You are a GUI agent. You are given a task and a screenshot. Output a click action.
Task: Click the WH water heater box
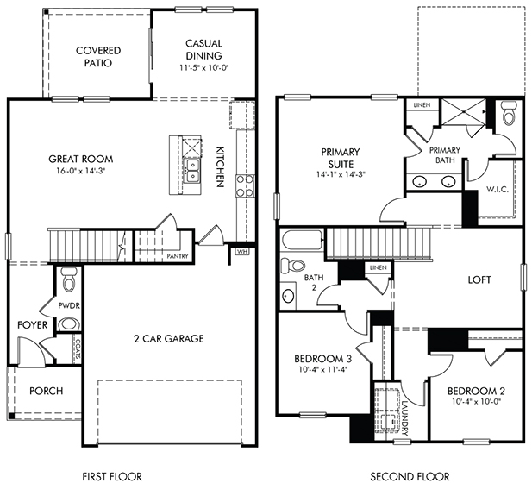(241, 252)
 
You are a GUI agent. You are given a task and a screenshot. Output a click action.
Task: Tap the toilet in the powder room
(70, 279)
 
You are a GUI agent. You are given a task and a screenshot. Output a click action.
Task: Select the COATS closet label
(78, 349)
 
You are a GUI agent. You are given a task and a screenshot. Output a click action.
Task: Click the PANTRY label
(178, 256)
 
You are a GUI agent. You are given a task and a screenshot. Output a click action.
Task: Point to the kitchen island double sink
(192, 171)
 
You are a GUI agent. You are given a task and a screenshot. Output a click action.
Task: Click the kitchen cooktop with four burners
(245, 185)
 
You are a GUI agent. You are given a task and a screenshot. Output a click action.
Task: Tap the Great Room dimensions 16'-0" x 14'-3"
(81, 171)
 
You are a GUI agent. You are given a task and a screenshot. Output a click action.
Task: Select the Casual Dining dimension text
(203, 68)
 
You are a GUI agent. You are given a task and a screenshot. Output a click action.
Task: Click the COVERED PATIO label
(98, 57)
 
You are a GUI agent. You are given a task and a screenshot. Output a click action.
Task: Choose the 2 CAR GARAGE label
(169, 338)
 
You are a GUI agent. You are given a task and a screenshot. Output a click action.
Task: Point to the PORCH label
(47, 391)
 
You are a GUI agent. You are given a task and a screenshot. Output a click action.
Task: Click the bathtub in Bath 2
(302, 241)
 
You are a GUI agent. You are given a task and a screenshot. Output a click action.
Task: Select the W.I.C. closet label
(498, 190)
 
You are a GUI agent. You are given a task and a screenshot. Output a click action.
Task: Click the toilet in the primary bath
(508, 113)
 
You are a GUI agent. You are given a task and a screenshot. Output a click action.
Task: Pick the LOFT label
(479, 279)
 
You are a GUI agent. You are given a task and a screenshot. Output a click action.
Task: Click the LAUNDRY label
(404, 418)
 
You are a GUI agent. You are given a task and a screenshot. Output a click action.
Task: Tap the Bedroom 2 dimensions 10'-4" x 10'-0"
(477, 402)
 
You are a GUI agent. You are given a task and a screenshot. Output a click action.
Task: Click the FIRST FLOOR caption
(112, 476)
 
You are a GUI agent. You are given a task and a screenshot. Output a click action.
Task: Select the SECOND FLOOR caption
(410, 476)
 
